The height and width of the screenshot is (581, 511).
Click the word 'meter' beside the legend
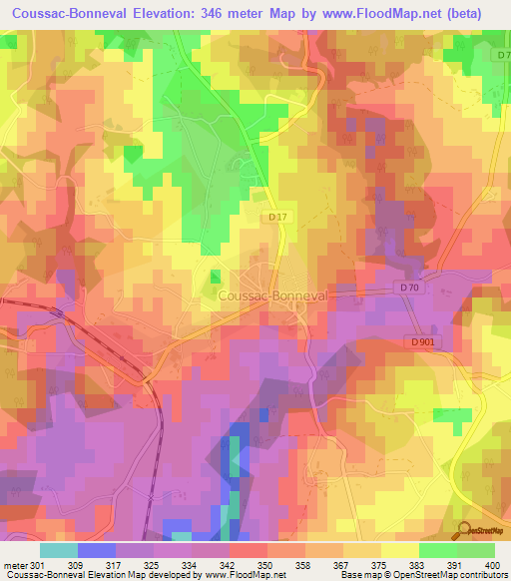point(14,564)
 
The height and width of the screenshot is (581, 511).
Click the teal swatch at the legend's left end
point(59,550)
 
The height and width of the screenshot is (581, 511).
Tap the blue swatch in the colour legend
point(97,550)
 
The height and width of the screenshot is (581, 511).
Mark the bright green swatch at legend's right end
point(475,550)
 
